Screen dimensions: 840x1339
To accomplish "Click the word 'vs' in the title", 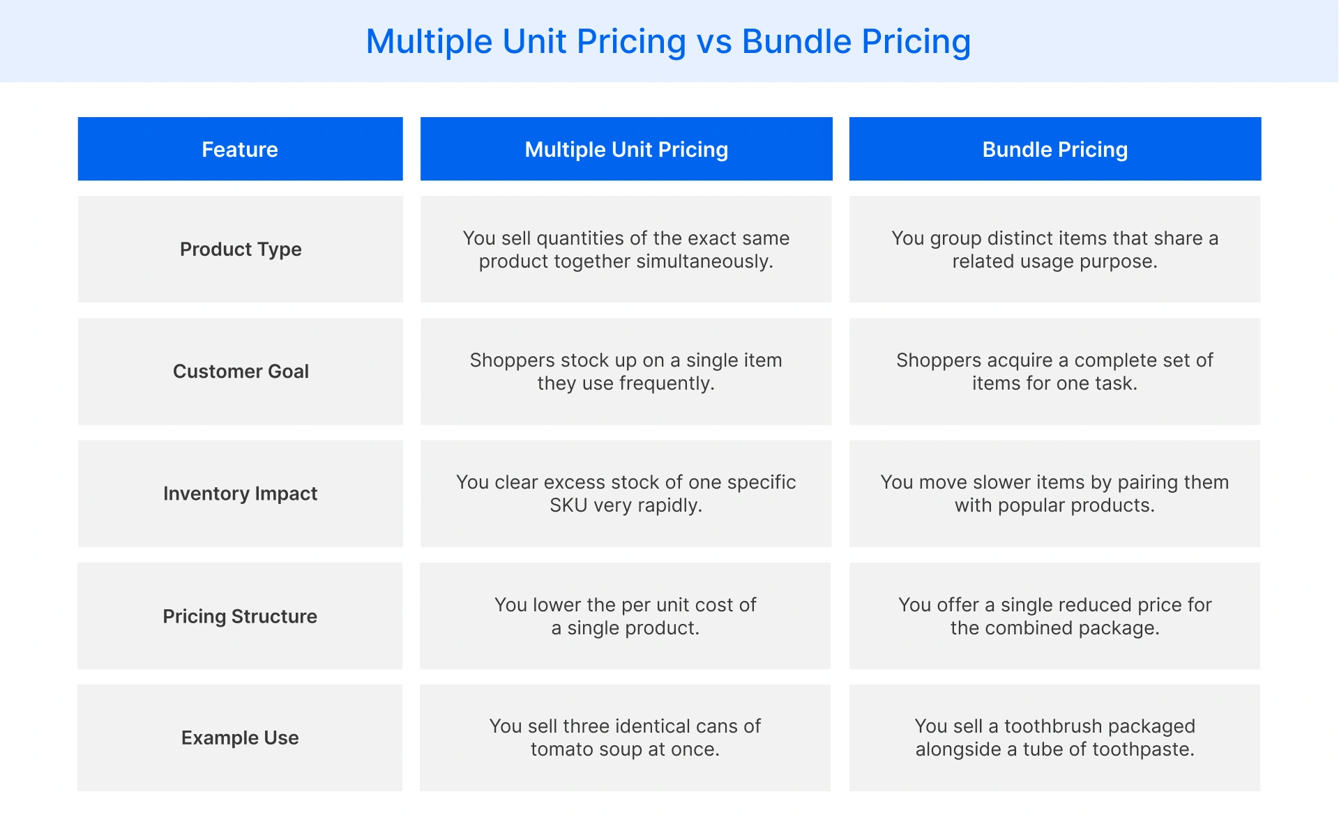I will coord(714,42).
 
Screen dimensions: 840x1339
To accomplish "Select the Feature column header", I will coord(240,149).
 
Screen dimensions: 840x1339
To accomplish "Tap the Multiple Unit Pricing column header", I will coord(626,149).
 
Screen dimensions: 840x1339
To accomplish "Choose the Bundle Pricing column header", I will coord(1054,149).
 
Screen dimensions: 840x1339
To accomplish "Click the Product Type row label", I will coord(241,249).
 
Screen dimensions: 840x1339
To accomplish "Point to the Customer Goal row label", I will coord(241,371).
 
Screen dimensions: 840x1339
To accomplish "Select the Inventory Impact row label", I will coord(240,494).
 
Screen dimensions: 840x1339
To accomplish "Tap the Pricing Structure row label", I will coord(240,616).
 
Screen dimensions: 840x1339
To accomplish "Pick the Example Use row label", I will coord(240,738).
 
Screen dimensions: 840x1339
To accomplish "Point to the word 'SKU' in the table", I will coord(568,505).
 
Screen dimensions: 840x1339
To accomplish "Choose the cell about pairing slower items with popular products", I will coord(1054,494).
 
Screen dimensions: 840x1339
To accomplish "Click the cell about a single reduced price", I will coord(1054,616).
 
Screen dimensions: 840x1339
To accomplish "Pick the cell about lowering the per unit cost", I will coord(626,616).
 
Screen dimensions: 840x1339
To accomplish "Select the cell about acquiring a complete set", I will coord(1054,372).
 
